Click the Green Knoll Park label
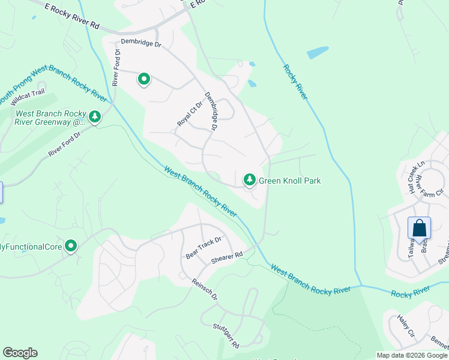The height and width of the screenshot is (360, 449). [289, 181]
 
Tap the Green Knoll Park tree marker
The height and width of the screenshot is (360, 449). [249, 179]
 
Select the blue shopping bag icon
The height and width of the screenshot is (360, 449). [419, 228]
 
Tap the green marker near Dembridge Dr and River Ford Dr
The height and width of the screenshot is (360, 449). [144, 79]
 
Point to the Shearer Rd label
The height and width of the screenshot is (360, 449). [226, 258]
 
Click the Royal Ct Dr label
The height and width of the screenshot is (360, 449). [187, 113]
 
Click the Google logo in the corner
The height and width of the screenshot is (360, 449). [20, 353]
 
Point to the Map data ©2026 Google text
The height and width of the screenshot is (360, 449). [412, 355]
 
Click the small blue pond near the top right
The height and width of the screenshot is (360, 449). [318, 53]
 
